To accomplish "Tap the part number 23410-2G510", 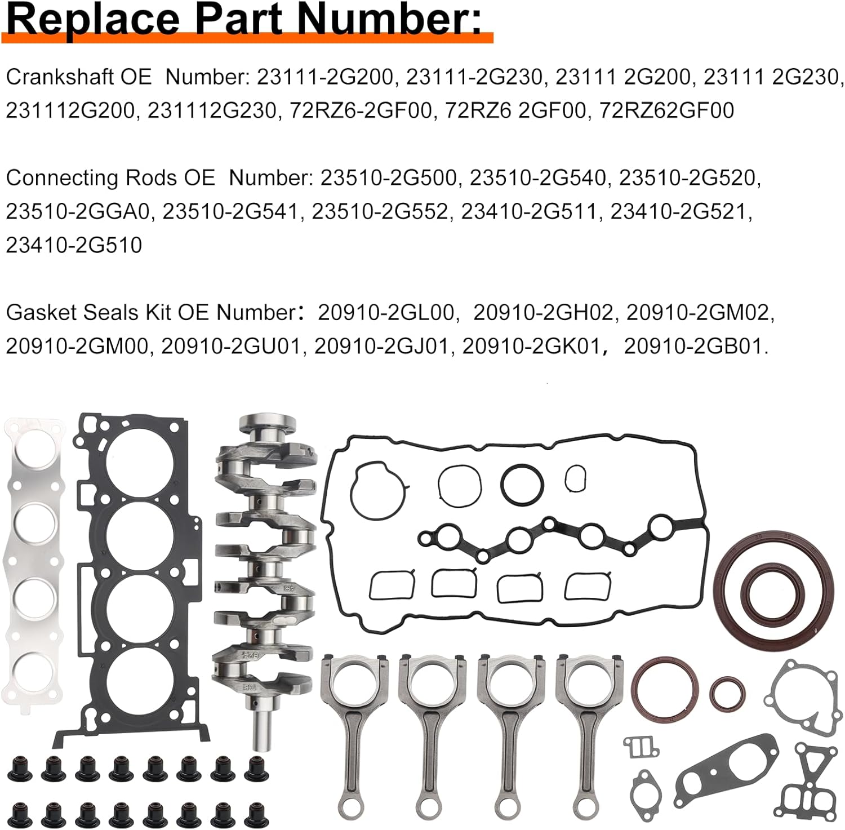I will coord(74,245).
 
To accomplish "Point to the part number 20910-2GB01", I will coord(694,346).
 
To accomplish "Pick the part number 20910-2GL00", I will coord(386,312).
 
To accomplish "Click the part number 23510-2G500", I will coord(389,178).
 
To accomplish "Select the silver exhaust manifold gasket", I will coord(33,563).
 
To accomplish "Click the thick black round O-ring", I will coord(522,485).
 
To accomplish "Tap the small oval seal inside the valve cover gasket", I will coord(575,478).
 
